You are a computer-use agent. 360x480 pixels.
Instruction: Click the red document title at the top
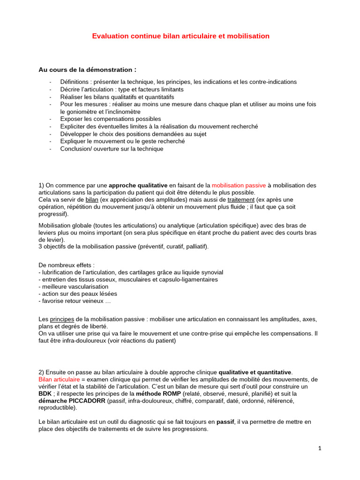click(180, 36)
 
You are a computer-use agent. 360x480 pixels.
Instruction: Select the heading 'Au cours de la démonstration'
click(87, 70)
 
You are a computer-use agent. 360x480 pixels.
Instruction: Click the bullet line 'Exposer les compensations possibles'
click(110, 119)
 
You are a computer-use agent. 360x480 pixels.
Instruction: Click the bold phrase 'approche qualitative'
click(138, 185)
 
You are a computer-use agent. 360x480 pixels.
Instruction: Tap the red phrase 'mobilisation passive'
click(239, 185)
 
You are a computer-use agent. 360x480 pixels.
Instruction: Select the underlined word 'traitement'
click(241, 199)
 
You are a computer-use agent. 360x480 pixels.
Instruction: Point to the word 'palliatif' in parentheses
click(195, 246)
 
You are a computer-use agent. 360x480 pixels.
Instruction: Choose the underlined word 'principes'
click(62, 319)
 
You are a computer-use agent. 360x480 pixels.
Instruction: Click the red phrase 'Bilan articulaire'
click(59, 379)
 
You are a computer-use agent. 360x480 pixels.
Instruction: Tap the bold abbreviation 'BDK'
click(45, 394)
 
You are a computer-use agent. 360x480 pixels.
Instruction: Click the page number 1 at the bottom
click(320, 449)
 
